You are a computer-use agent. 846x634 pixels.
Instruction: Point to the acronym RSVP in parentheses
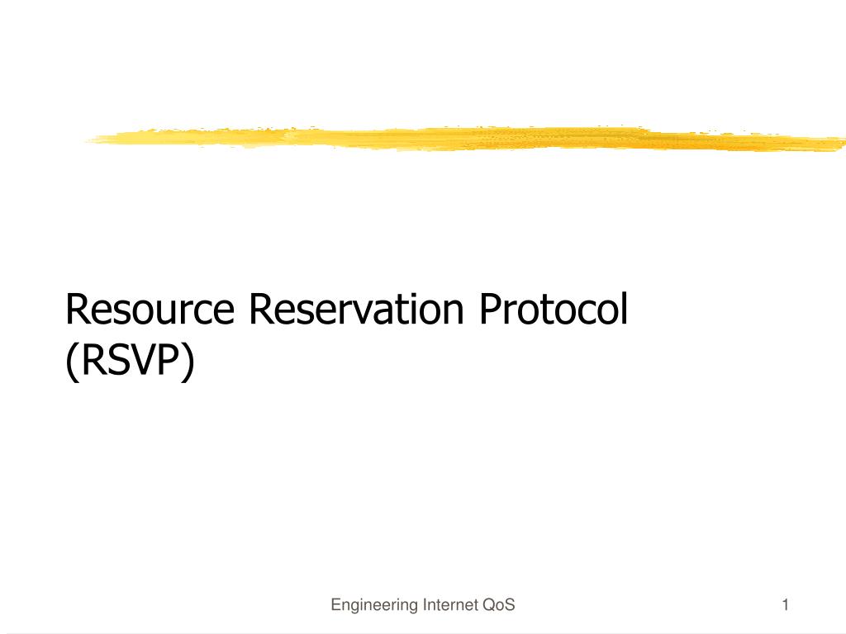tap(130, 360)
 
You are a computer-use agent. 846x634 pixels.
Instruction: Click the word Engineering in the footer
tap(374, 605)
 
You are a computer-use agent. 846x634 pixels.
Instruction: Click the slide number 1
tap(786, 605)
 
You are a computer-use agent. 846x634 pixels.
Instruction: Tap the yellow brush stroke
tap(465, 139)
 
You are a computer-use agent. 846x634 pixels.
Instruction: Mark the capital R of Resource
tap(76, 310)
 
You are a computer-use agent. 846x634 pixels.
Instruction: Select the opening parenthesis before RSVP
tap(70, 363)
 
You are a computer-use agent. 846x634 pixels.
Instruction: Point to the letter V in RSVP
tap(139, 360)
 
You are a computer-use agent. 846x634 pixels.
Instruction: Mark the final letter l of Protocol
tap(625, 308)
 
